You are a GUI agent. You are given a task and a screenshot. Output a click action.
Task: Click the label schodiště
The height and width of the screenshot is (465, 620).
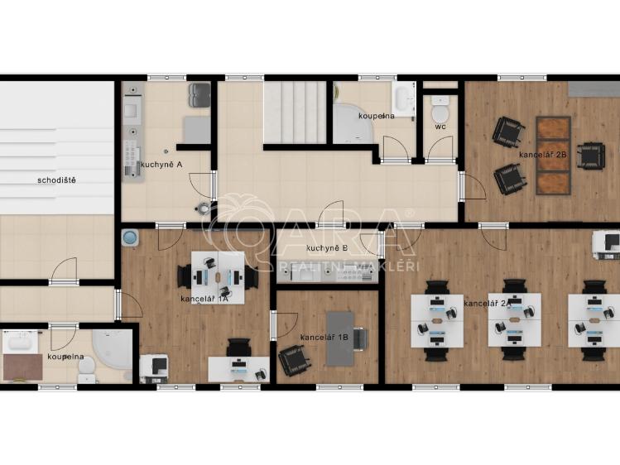click(56, 180)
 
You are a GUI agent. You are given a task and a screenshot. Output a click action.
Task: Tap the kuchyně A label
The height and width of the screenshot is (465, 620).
click(161, 165)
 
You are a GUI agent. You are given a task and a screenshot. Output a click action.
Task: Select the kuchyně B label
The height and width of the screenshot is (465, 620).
click(327, 248)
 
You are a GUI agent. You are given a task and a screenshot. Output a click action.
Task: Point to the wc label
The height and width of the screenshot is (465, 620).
click(440, 127)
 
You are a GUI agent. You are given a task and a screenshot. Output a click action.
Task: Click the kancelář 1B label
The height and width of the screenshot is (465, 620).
click(324, 338)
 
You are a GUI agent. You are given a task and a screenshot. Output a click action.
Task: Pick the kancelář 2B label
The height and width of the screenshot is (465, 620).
click(543, 155)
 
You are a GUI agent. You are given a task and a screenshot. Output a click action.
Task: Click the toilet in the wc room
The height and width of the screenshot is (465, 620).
click(440, 110)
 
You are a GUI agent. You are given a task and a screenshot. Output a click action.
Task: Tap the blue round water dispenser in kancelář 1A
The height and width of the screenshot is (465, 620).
click(130, 237)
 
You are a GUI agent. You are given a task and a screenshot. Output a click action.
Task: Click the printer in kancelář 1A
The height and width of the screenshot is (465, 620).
click(154, 368)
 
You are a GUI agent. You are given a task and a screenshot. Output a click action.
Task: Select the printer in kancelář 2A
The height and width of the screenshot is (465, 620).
click(606, 245)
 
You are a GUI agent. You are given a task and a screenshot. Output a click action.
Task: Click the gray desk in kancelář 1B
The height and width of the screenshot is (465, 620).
click(339, 338)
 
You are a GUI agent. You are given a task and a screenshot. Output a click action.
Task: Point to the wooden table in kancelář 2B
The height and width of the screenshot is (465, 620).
click(553, 156)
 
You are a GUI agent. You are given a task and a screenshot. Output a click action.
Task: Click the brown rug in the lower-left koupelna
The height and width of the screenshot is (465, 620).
click(23, 367)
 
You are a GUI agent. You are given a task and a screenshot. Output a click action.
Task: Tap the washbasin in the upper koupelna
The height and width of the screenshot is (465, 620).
click(403, 99)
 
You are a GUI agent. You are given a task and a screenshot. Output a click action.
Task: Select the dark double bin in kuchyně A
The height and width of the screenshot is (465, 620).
click(199, 95)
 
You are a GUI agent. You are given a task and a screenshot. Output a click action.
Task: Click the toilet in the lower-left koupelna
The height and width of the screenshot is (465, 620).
click(87, 371)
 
